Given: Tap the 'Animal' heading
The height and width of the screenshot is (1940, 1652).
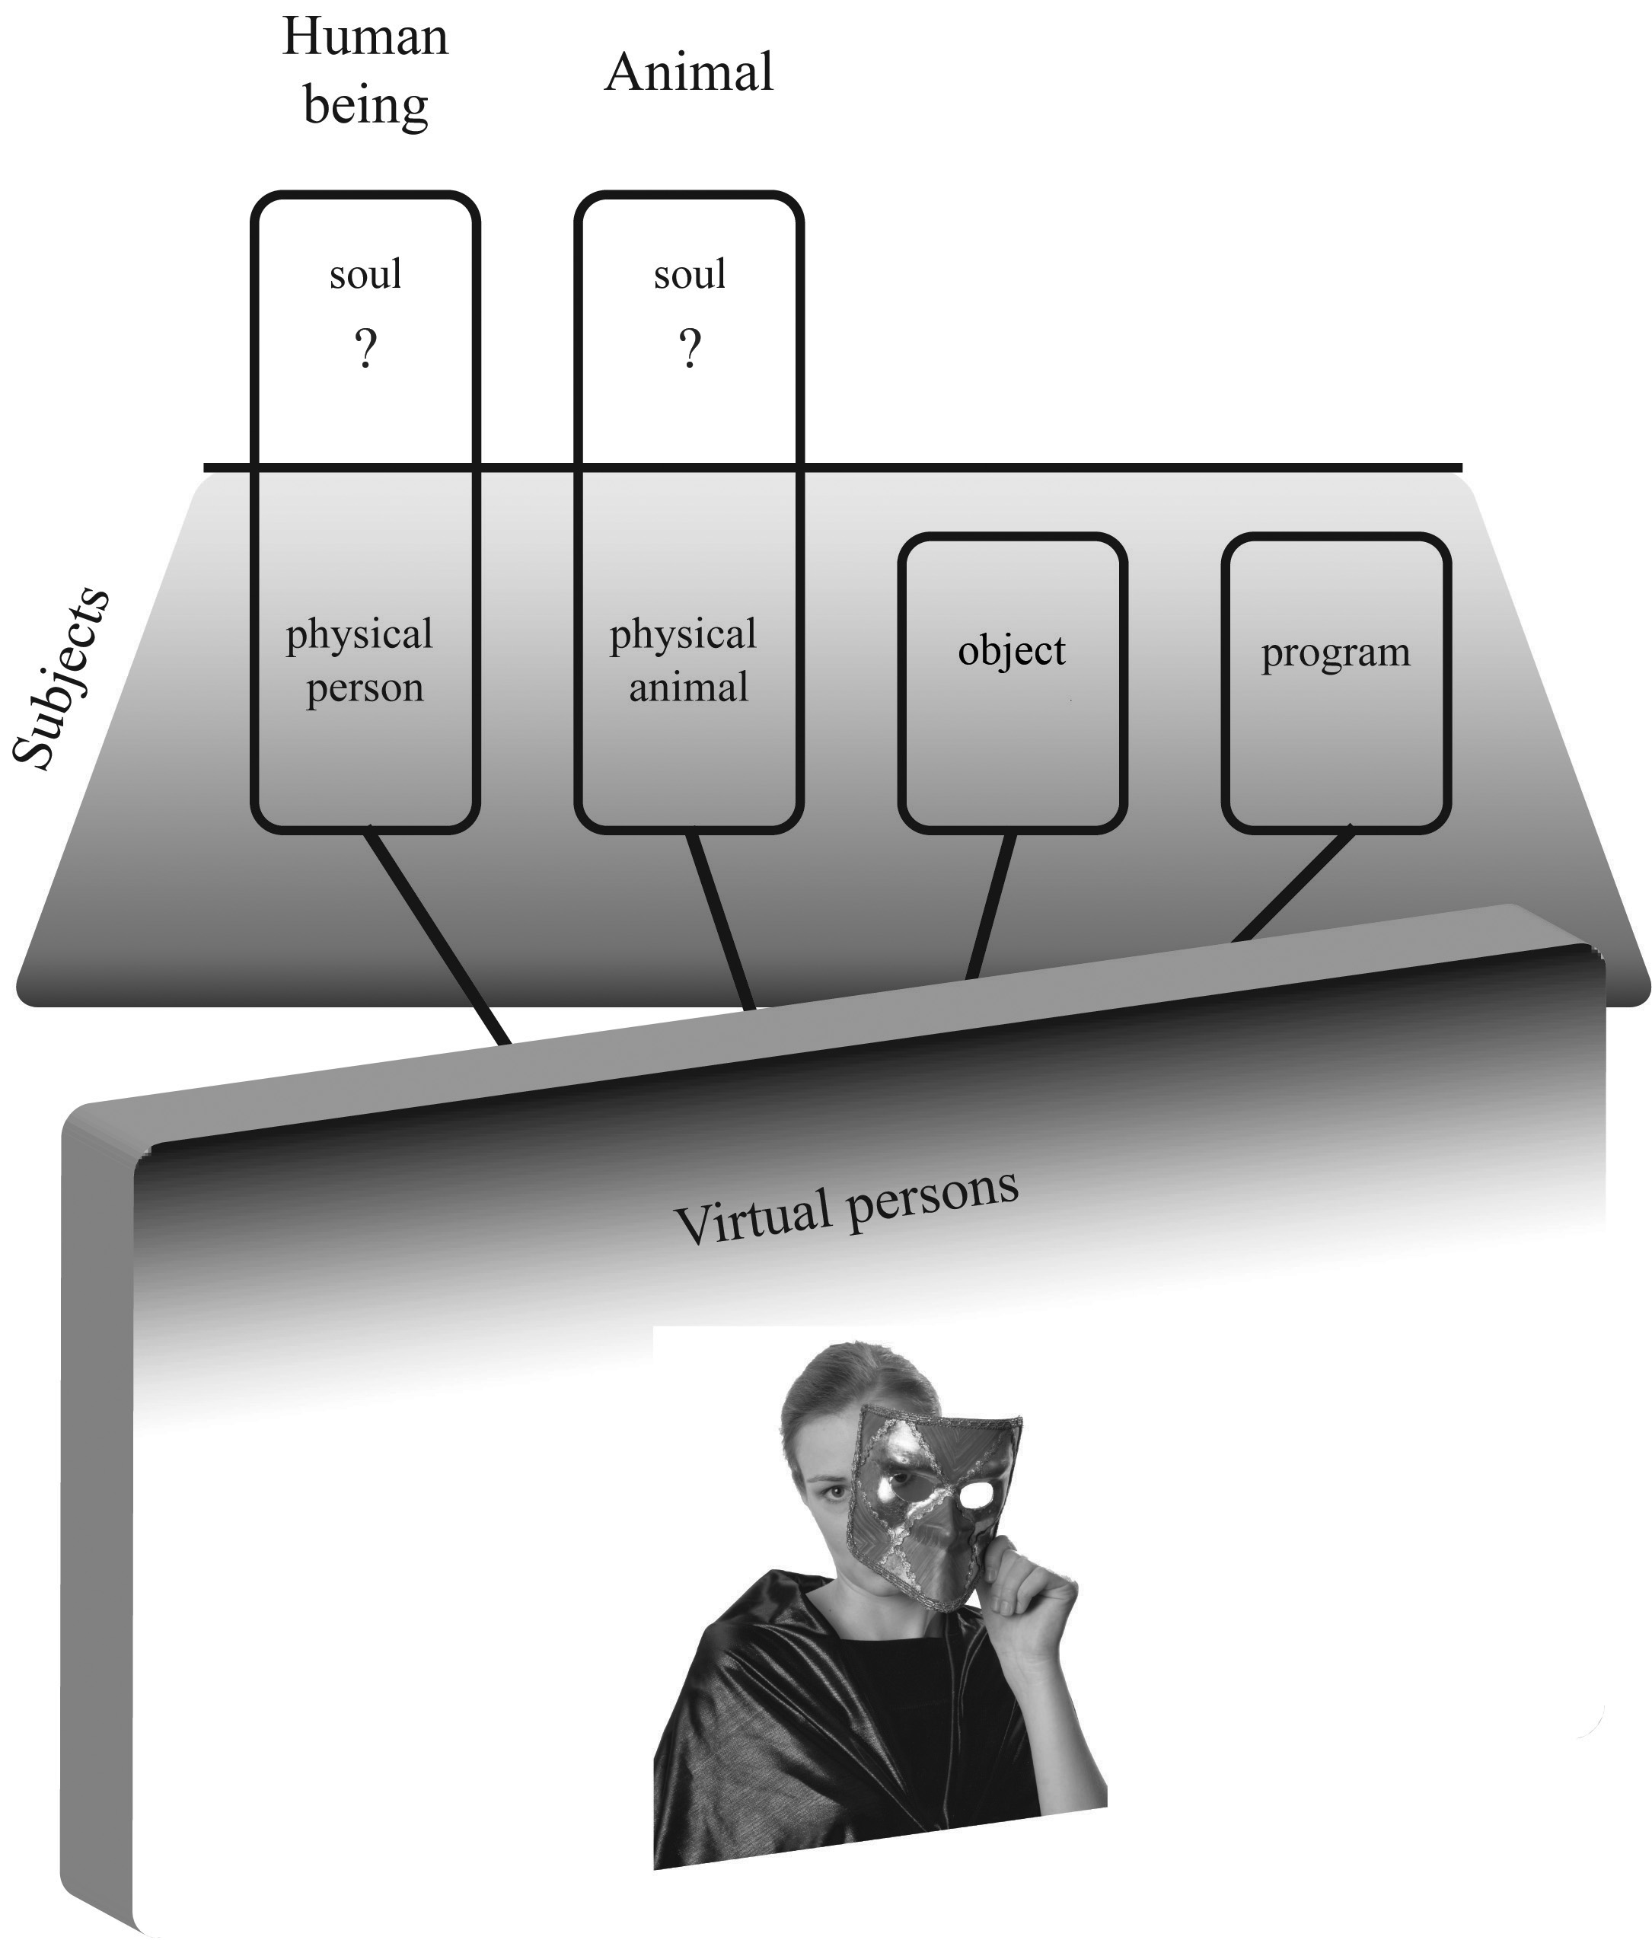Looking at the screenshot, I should pyautogui.click(x=689, y=73).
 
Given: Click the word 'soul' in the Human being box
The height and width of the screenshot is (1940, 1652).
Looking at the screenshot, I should pyautogui.click(x=365, y=274).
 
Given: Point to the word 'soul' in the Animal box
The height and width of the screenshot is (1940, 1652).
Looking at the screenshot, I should pyautogui.click(x=690, y=274).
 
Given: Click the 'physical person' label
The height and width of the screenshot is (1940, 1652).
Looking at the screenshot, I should pyautogui.click(x=360, y=660).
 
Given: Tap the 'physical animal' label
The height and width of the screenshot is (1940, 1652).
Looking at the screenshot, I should pyautogui.click(x=684, y=660).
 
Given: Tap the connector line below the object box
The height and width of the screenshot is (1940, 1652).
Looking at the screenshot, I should pyautogui.click(x=992, y=905).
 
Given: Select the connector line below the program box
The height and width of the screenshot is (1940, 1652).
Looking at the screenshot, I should pyautogui.click(x=1296, y=884).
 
